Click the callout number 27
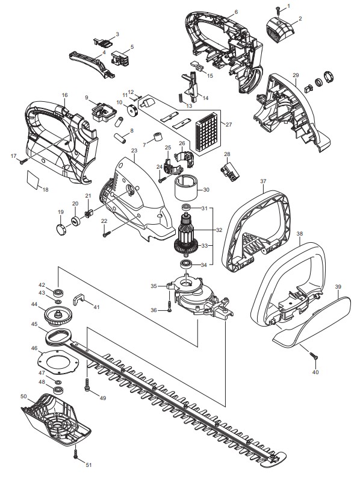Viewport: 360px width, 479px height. (229, 124)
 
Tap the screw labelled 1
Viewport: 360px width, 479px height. (278, 10)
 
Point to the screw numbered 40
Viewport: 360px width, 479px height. (313, 355)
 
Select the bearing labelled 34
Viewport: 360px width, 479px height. (185, 264)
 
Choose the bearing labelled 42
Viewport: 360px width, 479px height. (57, 293)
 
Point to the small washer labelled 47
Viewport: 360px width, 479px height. (57, 382)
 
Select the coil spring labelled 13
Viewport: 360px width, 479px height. (180, 98)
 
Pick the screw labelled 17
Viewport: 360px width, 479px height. (23, 162)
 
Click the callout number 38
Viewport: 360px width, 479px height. (300, 234)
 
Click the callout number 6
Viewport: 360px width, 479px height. (236, 12)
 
